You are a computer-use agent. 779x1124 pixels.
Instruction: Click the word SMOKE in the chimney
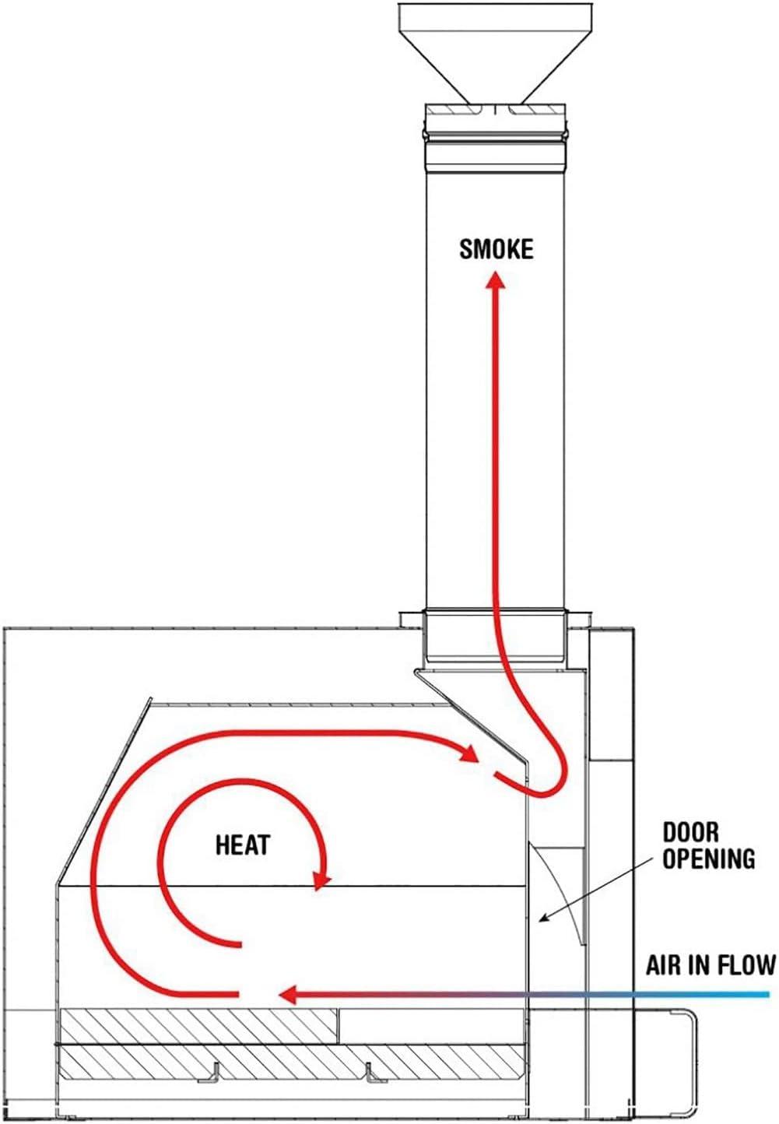(496, 249)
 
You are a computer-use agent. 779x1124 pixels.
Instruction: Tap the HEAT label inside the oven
(243, 845)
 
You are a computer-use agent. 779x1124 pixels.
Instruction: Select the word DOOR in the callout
(691, 832)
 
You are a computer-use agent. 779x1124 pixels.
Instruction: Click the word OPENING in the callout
(709, 859)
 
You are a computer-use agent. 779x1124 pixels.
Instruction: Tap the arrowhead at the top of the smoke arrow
(497, 280)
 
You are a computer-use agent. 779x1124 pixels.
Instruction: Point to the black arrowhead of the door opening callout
(542, 919)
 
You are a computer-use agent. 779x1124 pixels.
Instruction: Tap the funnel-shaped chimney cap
(495, 53)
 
